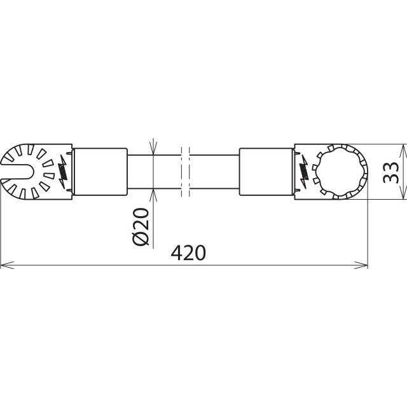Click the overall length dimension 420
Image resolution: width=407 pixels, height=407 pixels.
[188, 252]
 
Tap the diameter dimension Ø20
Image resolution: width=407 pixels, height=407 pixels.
[142, 226]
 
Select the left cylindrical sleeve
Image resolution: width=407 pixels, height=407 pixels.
[100, 171]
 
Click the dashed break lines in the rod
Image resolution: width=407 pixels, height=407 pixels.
[184, 171]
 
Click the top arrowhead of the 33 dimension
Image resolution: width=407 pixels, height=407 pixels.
[402, 149]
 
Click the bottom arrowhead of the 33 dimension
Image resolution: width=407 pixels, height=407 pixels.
[402, 195]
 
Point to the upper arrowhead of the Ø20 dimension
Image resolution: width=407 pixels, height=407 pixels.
[154, 149]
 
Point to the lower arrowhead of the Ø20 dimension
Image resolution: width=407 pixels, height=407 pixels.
[154, 193]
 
